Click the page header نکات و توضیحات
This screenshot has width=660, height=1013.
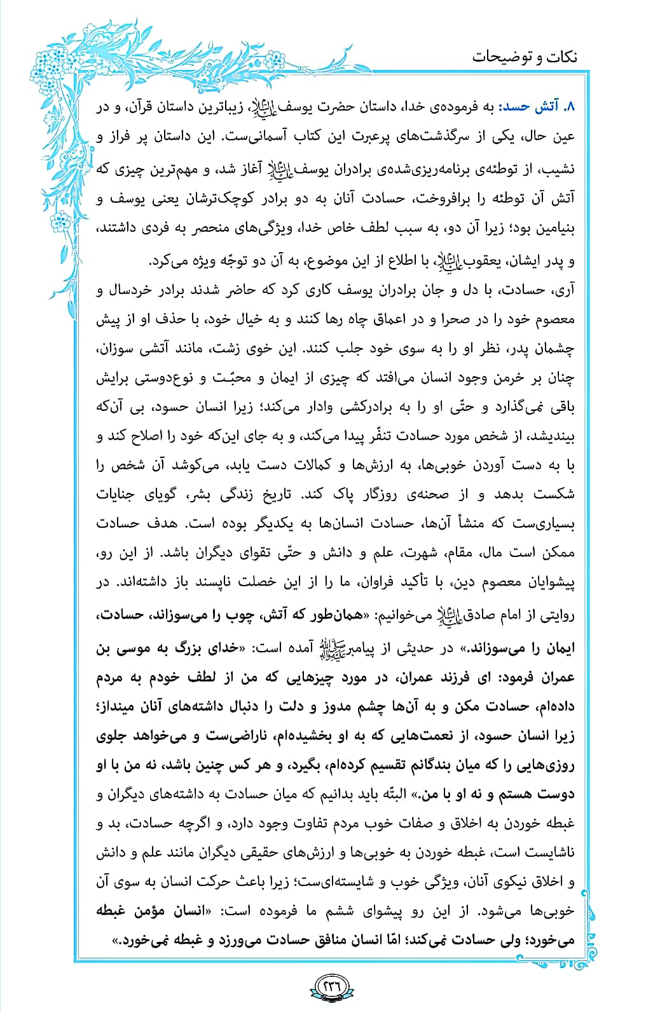click(x=525, y=57)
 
